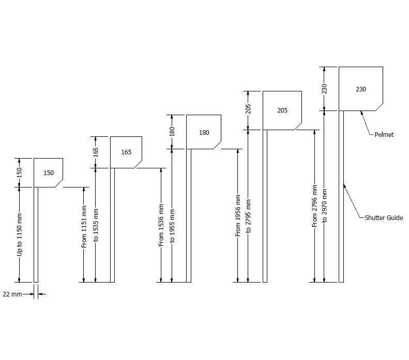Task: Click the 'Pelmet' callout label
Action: coord(384,135)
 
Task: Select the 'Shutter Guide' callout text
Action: coord(384,218)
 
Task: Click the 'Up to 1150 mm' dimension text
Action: coord(20,234)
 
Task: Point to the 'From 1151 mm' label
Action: coord(84,226)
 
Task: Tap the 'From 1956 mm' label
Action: coord(238,215)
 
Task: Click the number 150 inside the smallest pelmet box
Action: coord(48,173)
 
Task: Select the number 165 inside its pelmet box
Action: coord(126,152)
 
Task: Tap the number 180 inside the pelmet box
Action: coord(204,133)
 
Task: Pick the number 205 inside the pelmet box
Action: coord(282,111)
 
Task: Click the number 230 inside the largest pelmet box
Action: coord(361,89)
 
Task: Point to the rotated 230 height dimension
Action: coord(325,89)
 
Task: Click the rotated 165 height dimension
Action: coord(96,152)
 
